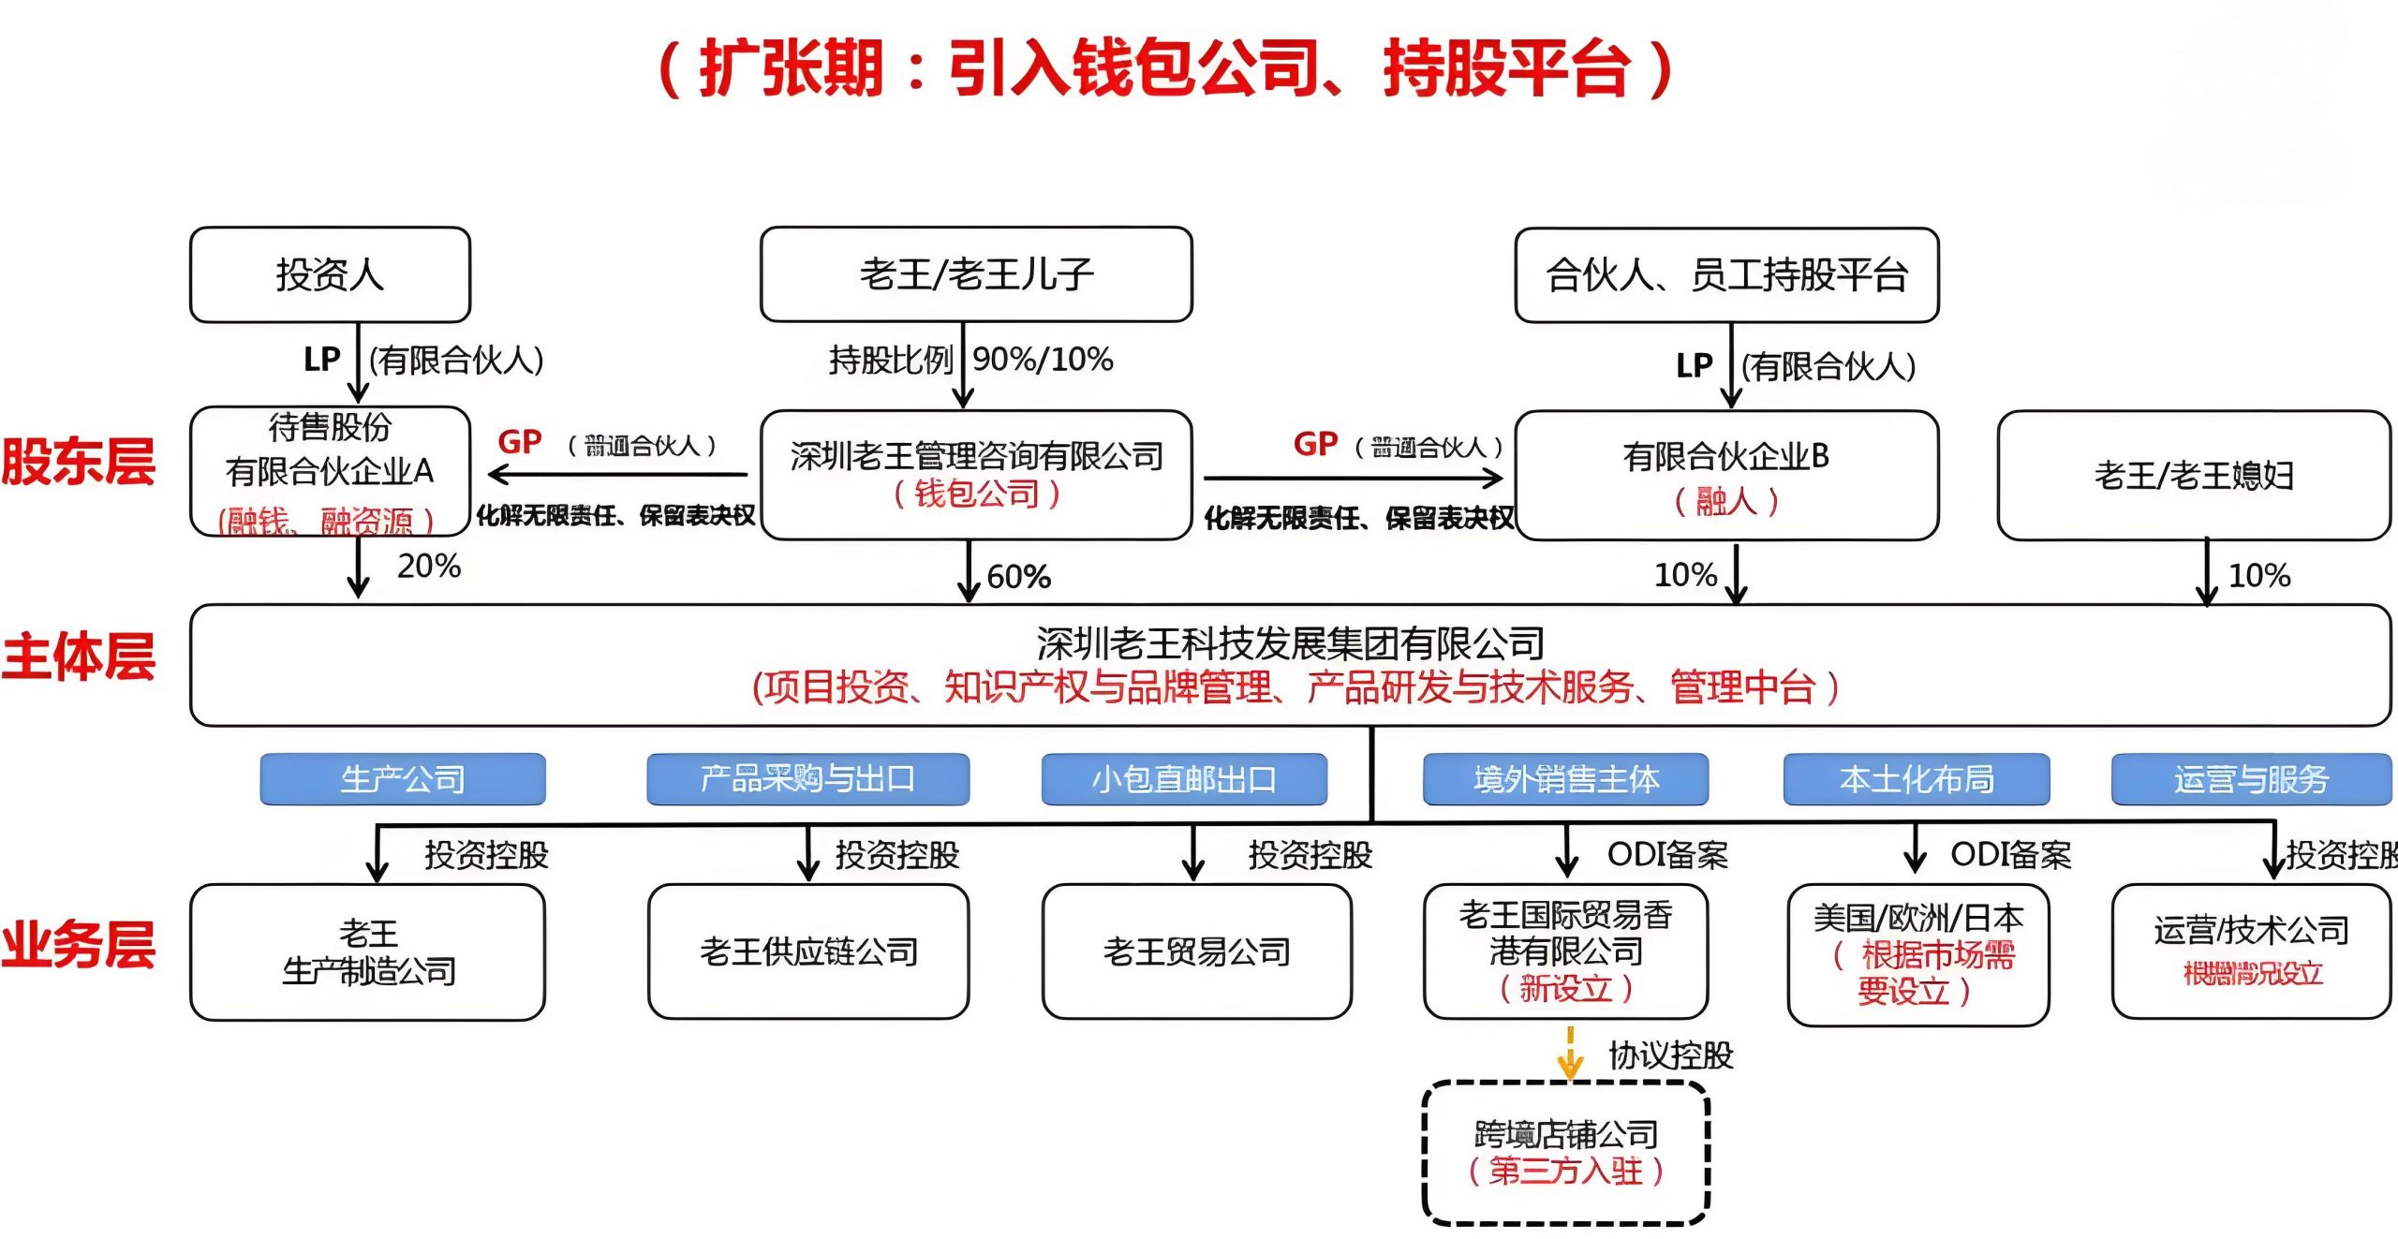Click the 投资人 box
[x=330, y=274]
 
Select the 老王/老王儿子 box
[x=975, y=274]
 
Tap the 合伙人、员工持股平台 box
[x=1725, y=274]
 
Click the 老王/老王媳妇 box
[x=2193, y=475]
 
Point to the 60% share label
[x=1018, y=576]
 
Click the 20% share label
[x=428, y=566]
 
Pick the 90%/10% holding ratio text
[x=1043, y=359]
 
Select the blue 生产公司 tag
[x=403, y=778]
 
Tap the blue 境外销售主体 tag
[x=1565, y=778]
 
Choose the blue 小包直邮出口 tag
[x=1184, y=778]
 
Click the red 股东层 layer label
[x=79, y=462]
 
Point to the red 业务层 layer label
[x=79, y=943]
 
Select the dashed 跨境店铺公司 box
[x=1565, y=1152]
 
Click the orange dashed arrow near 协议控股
[x=1570, y=1053]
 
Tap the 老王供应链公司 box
[x=808, y=951]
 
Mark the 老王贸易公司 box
[x=1196, y=951]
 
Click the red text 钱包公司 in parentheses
[x=976, y=494]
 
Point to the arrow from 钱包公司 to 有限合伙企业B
[x=1354, y=478]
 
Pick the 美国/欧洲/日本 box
[x=1917, y=954]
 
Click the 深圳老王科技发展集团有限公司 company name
[x=1290, y=643]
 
